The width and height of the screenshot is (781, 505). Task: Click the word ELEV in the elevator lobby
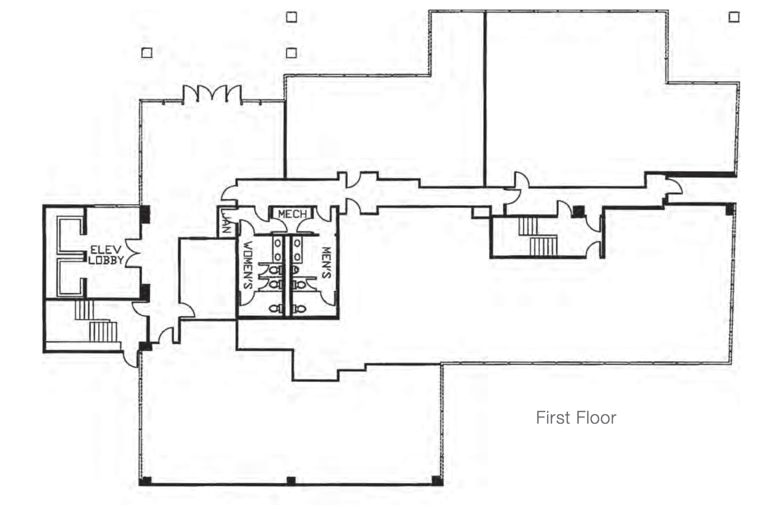[106, 250]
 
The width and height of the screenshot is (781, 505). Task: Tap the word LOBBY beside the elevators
[106, 260]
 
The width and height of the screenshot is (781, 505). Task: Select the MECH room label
[292, 214]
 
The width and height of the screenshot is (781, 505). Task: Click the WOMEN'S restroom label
[248, 266]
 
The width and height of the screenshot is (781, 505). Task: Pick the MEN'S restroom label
[326, 263]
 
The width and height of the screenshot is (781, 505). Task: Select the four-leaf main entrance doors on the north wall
[212, 94]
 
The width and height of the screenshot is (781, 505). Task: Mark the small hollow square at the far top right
[734, 17]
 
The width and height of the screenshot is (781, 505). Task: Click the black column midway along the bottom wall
[291, 481]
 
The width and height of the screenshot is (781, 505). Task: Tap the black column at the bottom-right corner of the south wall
[437, 480]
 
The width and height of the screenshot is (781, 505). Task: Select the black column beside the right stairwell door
[579, 211]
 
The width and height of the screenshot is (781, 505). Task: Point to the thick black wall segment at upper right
[700, 174]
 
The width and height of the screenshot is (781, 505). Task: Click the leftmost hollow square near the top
[147, 53]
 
